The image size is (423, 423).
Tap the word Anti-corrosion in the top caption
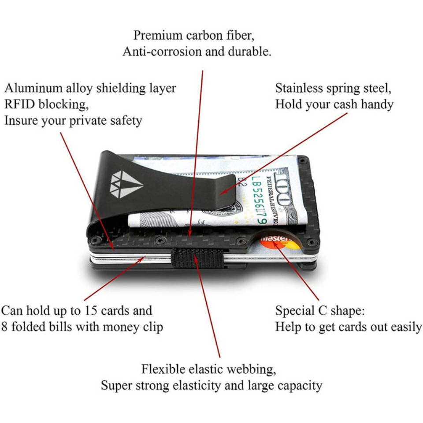point(163,52)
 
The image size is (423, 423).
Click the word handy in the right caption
point(377,104)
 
